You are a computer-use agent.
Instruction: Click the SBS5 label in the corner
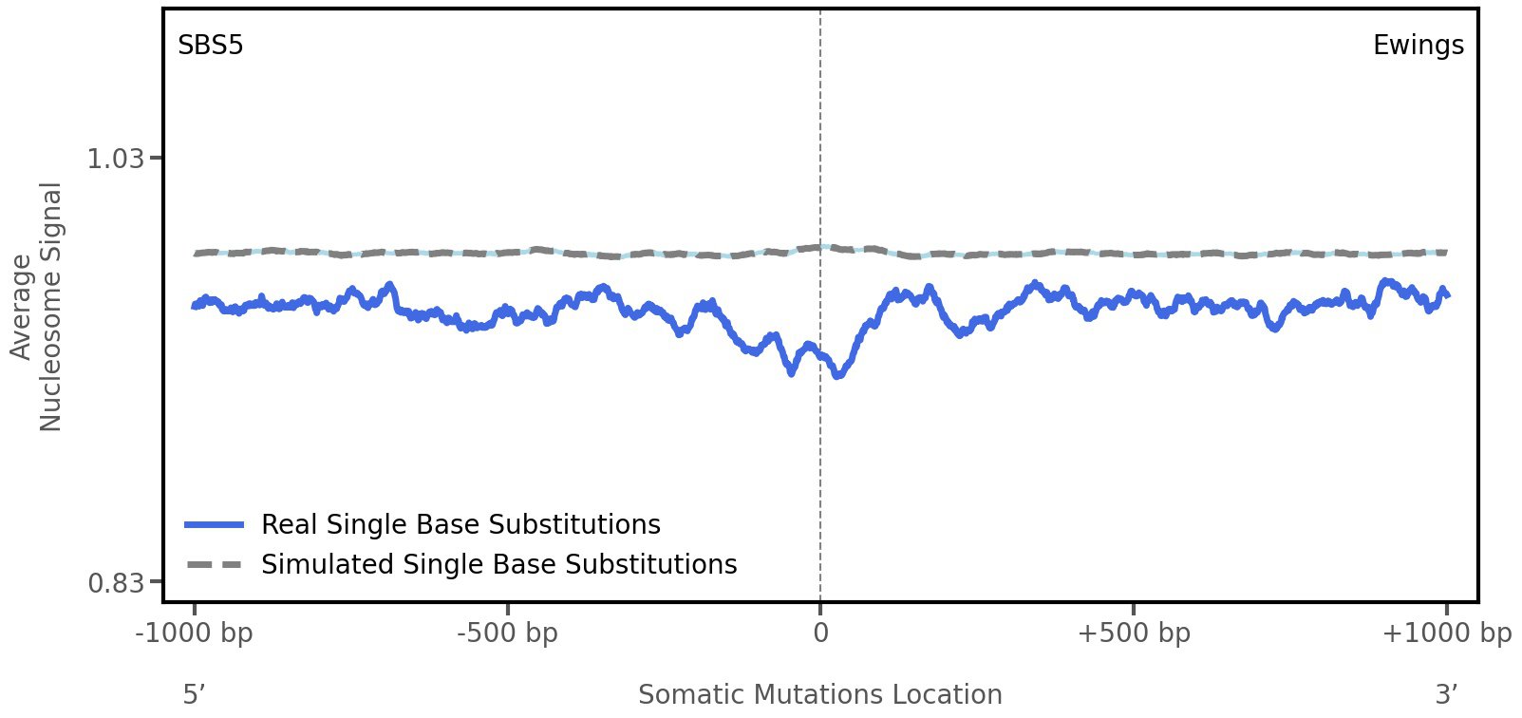[211, 46]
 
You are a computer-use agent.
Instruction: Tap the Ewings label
[1418, 46]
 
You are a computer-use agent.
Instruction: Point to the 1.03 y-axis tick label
[115, 159]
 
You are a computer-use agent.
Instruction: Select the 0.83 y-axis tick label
[115, 582]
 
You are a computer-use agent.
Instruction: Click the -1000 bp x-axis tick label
[195, 633]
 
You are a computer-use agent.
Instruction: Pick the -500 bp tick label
[507, 633]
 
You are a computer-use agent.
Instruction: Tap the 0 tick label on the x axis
[820, 633]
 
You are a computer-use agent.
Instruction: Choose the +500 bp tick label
[1133, 633]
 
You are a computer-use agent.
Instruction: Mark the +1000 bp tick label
[1446, 633]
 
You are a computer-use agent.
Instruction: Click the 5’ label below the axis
[194, 694]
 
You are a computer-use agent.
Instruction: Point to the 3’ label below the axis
[1446, 694]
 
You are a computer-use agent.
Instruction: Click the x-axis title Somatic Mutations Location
[819, 694]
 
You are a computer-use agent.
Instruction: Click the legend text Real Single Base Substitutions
[460, 524]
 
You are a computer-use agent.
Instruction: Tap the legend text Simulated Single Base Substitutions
[498, 564]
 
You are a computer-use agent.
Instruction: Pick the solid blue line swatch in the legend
[215, 524]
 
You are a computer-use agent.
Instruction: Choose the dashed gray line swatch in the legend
[215, 565]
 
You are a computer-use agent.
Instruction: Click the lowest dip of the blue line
[837, 376]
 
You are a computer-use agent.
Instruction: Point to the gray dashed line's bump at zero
[822, 247]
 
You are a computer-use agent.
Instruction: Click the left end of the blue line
[195, 306]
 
